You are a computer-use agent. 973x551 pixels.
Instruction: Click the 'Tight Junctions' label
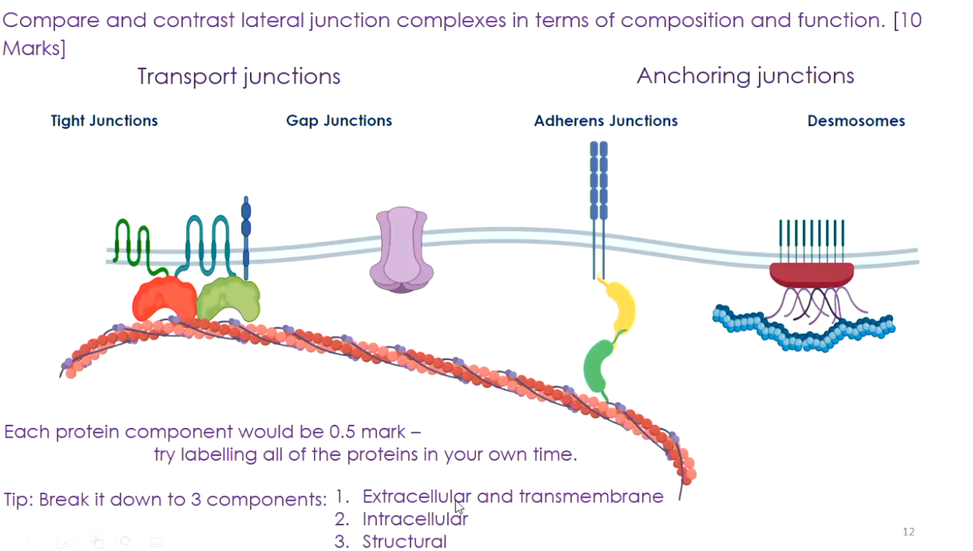104,121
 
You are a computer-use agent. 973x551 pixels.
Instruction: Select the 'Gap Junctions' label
339,121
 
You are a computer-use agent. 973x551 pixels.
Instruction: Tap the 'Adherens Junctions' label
606,121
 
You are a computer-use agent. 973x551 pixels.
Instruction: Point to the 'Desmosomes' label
856,121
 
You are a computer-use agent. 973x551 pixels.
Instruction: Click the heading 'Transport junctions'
239,77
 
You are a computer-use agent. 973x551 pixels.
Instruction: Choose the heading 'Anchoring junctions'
745,76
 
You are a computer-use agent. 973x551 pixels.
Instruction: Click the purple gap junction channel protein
401,249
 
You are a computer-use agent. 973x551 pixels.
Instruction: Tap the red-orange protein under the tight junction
163,299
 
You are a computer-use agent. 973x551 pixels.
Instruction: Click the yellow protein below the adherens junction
620,307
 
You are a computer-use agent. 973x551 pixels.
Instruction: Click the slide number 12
907,532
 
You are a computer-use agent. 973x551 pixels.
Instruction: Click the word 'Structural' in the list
404,541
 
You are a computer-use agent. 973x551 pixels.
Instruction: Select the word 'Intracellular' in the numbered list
415,519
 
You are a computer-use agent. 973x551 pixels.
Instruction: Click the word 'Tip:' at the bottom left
18,500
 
